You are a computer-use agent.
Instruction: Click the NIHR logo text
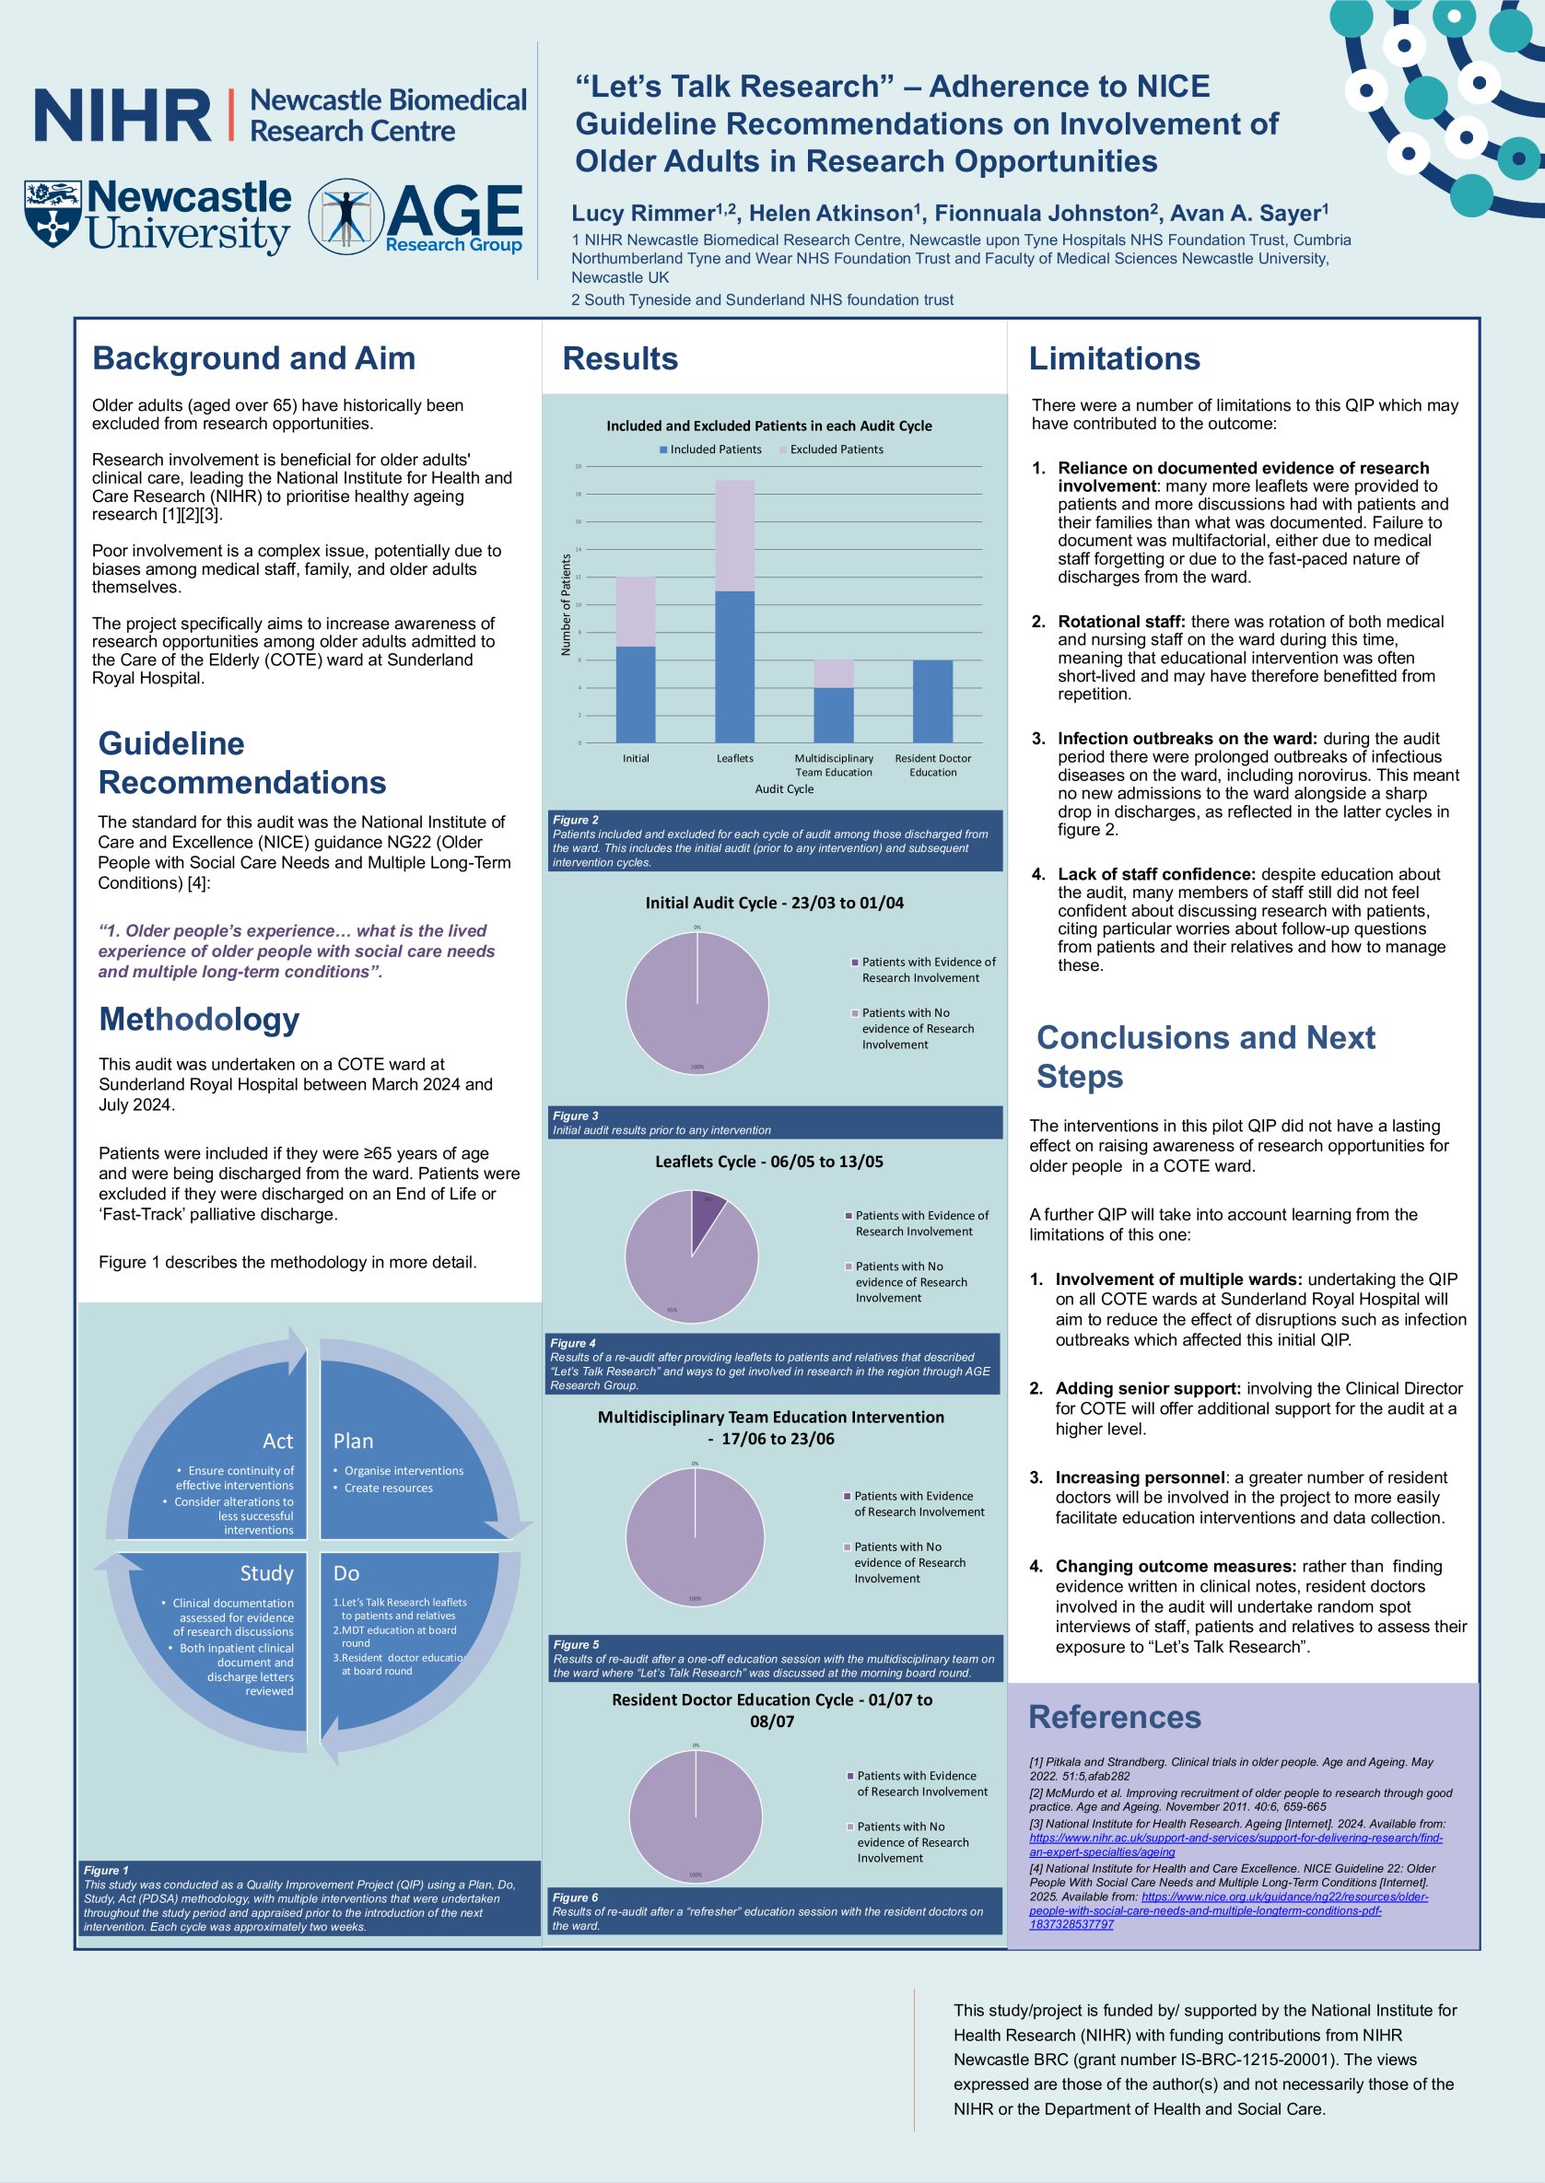click(x=122, y=115)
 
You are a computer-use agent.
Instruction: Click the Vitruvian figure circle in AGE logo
click(x=345, y=216)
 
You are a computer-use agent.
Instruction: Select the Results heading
click(x=620, y=358)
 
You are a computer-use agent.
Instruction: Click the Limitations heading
click(x=1114, y=358)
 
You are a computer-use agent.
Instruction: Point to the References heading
click(x=1114, y=1717)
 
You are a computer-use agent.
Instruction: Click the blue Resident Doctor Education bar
click(x=932, y=701)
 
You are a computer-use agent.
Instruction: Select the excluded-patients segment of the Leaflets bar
click(x=734, y=535)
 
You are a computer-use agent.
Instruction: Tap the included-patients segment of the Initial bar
click(x=636, y=695)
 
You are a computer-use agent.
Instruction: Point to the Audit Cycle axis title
click(x=784, y=788)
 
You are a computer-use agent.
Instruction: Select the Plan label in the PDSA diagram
click(x=353, y=1442)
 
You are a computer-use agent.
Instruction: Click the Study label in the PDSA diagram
click(x=266, y=1573)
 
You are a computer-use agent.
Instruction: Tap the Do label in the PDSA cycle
click(x=346, y=1573)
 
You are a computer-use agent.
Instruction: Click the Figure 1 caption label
click(x=106, y=1870)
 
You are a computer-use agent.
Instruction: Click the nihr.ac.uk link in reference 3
click(x=1235, y=1838)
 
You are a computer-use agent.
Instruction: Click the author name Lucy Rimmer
click(x=643, y=214)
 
